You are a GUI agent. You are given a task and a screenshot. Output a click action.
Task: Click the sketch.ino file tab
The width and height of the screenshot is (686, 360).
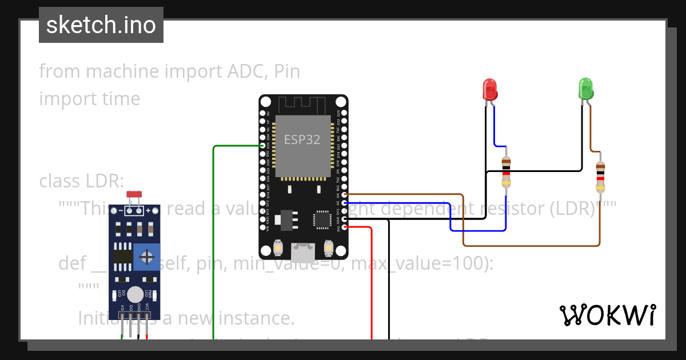tap(101, 25)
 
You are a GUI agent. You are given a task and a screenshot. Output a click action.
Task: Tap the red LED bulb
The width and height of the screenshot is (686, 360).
tap(490, 90)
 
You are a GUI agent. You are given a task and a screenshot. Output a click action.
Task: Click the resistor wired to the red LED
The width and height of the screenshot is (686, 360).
tap(506, 171)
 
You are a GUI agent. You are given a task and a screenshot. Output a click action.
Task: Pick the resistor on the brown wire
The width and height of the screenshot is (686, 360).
tap(600, 177)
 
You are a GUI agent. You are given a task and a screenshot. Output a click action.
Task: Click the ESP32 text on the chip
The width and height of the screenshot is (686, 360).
tap(302, 139)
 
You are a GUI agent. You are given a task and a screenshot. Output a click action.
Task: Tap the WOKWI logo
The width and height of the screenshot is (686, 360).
tap(607, 315)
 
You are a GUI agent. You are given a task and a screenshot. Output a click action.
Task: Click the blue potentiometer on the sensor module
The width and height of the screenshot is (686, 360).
tap(147, 258)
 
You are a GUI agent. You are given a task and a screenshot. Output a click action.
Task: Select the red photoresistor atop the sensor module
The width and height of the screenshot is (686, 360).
tap(134, 195)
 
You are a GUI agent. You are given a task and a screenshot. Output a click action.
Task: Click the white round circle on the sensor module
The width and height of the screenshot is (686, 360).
tap(135, 294)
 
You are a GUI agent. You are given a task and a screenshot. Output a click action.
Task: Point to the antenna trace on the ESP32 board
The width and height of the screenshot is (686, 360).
tap(302, 105)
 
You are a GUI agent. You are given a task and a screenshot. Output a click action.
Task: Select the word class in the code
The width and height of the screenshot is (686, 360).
tap(61, 181)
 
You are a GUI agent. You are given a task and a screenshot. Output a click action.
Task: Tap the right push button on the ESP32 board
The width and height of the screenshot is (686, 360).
tap(329, 247)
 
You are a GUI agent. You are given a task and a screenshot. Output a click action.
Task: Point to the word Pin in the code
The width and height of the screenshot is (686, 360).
tap(287, 71)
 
